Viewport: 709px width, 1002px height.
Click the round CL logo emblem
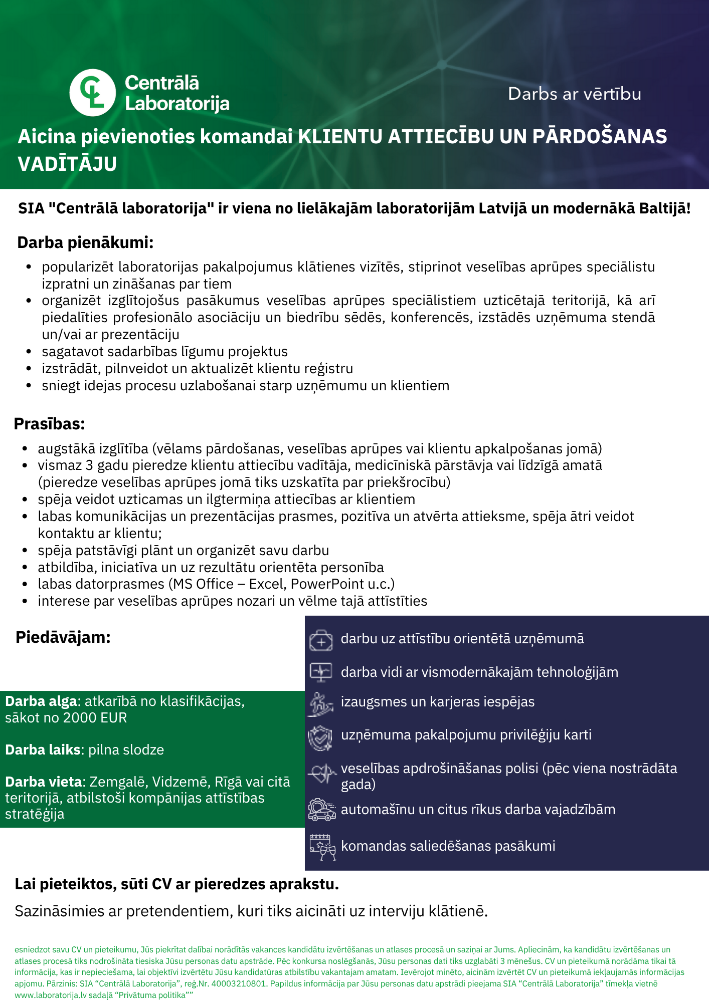coord(93,93)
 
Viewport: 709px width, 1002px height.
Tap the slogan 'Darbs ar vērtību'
coord(574,94)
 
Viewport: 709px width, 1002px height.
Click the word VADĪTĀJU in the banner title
coord(67,164)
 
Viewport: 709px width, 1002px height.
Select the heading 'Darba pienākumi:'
coord(85,242)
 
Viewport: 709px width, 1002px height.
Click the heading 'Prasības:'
coord(49,424)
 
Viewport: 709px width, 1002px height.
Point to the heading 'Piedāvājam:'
coord(63,637)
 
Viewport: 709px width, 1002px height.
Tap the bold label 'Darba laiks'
coord(43,749)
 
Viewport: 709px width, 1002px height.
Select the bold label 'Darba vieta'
coord(44,782)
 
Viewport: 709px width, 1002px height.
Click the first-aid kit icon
coord(321,640)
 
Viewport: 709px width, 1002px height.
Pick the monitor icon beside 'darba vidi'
coord(321,672)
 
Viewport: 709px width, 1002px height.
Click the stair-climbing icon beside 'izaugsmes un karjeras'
coord(321,703)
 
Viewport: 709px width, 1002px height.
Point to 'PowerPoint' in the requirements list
coord(327,584)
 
